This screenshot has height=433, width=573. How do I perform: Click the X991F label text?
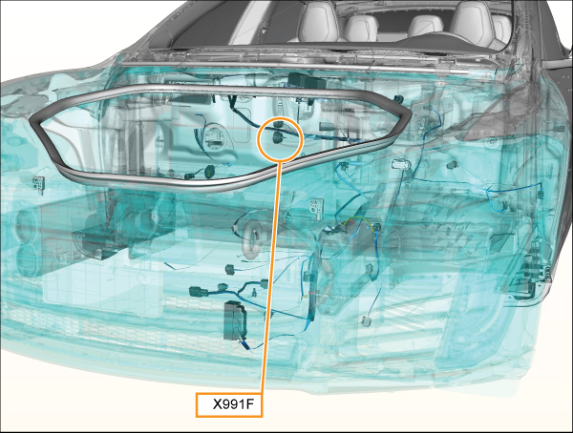coord(233,404)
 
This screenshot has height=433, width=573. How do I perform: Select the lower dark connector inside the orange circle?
coord(279,138)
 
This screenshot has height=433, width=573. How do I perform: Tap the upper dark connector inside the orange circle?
coord(280,125)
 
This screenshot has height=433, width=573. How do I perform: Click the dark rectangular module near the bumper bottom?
coord(234,320)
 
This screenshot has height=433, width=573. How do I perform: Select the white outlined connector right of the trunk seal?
coord(401,164)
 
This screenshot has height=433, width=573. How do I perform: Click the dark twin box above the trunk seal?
coord(307,81)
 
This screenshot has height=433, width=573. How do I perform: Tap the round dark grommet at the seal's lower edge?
coord(209,172)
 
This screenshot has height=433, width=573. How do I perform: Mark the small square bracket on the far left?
coord(39,182)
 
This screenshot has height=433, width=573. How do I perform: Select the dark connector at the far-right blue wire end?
coord(541,195)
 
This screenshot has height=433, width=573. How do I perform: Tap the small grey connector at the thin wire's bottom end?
coord(366,321)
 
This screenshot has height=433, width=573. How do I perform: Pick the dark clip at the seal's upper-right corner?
coord(398,98)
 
